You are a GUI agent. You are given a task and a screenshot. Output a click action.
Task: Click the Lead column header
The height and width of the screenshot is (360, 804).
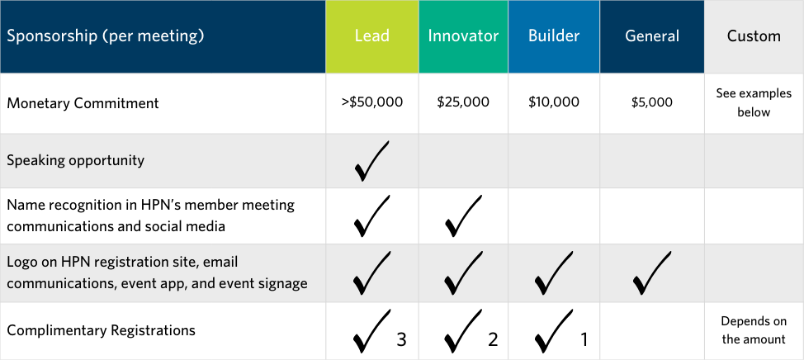tap(371, 36)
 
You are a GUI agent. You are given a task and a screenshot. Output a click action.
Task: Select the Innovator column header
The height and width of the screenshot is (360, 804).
tap(463, 36)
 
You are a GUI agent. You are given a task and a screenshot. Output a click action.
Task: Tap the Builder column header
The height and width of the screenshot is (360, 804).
tap(554, 36)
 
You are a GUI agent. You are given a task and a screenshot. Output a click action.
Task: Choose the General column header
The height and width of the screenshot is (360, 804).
tap(652, 36)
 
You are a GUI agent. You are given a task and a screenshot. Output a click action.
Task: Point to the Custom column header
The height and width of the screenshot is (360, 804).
tap(754, 36)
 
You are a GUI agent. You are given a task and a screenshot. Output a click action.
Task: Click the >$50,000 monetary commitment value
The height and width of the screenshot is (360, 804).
tap(371, 102)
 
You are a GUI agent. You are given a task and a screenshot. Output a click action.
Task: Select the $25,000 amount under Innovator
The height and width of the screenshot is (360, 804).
tap(463, 102)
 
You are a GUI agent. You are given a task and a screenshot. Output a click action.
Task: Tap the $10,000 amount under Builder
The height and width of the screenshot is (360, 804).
tap(554, 102)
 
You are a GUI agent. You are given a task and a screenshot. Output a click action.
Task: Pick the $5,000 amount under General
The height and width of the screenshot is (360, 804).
tap(652, 102)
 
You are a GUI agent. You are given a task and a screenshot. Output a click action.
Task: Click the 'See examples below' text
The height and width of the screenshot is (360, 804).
tap(754, 102)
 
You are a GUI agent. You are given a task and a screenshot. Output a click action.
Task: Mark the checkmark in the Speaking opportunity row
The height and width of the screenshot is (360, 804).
tap(371, 161)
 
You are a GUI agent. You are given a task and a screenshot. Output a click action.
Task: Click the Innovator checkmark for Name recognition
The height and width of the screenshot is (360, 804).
tap(463, 216)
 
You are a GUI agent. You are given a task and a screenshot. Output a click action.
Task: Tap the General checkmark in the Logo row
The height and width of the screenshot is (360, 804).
tap(652, 272)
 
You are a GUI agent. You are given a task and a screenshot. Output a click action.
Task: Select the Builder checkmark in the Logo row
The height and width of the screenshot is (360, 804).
tap(554, 272)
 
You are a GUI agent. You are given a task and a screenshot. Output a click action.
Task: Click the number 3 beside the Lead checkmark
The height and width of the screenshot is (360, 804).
tap(401, 339)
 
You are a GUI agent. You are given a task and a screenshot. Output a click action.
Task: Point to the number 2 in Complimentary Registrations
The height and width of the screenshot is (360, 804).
tap(493, 339)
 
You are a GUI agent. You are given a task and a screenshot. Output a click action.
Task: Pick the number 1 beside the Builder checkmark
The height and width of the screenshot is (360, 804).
tap(583, 339)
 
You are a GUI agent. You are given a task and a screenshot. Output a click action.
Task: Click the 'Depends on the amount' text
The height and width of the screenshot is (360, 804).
tap(754, 330)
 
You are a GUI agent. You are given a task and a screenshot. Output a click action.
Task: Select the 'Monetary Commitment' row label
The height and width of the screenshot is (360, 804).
tap(83, 103)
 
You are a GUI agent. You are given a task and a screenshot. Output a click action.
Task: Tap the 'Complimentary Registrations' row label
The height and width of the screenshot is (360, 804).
tap(101, 330)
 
